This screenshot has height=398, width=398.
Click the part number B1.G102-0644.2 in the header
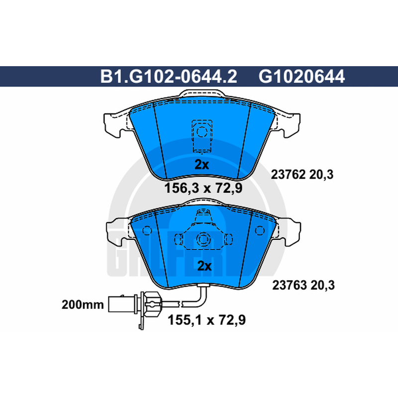169,77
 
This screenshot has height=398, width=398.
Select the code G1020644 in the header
301,77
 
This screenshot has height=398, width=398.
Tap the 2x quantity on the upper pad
202,165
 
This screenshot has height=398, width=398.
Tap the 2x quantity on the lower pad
204,266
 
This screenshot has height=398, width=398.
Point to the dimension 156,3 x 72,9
203,188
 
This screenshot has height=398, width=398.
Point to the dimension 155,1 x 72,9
206,320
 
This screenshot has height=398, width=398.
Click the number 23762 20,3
302,175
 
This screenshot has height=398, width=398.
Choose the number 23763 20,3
303,285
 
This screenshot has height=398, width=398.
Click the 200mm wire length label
83,304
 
